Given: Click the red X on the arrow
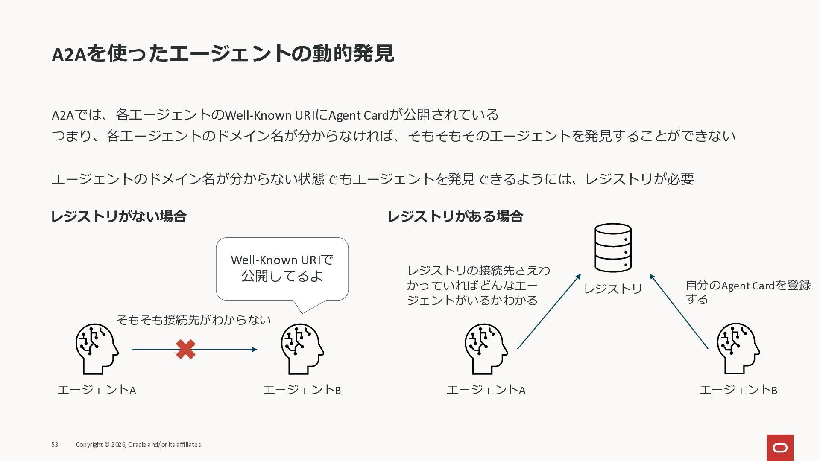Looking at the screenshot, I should pyautogui.click(x=186, y=349).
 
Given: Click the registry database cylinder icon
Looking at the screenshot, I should pyautogui.click(x=613, y=248).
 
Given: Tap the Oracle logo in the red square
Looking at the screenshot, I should pyautogui.click(x=780, y=447).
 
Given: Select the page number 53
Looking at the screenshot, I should pyautogui.click(x=55, y=445).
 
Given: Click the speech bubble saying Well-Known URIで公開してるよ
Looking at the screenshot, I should pyautogui.click(x=282, y=268).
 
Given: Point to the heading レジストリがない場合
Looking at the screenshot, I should pyautogui.click(x=119, y=216).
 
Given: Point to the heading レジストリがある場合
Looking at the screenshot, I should pyautogui.click(x=455, y=216).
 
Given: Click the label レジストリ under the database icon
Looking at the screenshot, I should pyautogui.click(x=613, y=289).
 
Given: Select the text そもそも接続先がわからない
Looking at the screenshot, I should pyautogui.click(x=193, y=320).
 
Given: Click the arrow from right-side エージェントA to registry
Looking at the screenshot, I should pyautogui.click(x=549, y=312).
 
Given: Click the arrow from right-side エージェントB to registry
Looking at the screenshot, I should pyautogui.click(x=679, y=312).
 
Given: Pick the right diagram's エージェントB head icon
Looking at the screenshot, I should pyautogui.click(x=738, y=348).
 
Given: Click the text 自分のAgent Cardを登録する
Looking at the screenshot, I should pyautogui.click(x=747, y=292).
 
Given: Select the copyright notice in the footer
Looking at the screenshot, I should pyautogui.click(x=138, y=445).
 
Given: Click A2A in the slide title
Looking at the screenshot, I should pyautogui.click(x=69, y=55).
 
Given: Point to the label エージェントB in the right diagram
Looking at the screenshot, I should pyautogui.click(x=738, y=390).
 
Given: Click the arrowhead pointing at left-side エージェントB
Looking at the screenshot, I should pyautogui.click(x=255, y=350).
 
